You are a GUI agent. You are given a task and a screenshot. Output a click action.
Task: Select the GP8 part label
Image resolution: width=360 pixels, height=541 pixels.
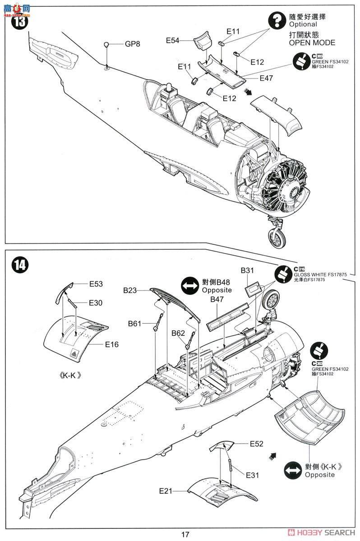tap(133, 44)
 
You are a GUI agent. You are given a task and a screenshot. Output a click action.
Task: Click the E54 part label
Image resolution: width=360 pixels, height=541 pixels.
tap(173, 41)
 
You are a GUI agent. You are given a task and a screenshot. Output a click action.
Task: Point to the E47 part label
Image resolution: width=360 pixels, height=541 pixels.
tap(266, 78)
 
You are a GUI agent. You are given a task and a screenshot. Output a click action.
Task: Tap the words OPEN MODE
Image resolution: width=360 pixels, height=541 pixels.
tap(312, 43)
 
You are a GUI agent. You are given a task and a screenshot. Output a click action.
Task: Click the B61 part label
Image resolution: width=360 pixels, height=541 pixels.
tap(134, 323)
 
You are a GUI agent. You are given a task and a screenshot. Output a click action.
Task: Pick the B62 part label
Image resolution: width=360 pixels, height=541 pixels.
tap(178, 333)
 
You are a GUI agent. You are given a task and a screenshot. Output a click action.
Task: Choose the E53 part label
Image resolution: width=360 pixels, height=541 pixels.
tap(96, 284)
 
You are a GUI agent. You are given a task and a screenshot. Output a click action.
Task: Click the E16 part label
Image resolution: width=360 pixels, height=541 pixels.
tap(112, 345)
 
